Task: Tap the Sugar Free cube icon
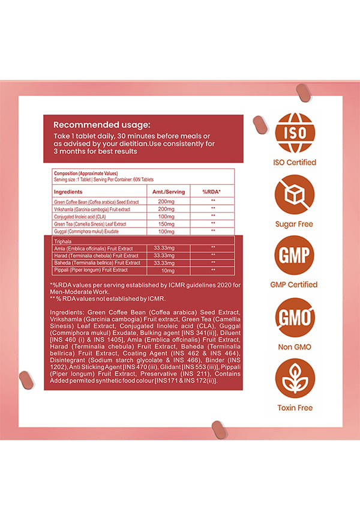point(295,195)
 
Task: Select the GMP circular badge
point(295,256)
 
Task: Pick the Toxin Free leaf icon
point(295,379)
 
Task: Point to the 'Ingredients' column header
point(72,192)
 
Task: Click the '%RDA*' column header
point(212,192)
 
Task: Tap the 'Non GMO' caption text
point(295,347)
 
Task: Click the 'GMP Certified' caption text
point(295,285)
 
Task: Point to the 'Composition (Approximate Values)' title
point(84,173)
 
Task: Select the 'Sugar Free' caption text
point(295,224)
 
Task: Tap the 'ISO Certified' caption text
point(295,162)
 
